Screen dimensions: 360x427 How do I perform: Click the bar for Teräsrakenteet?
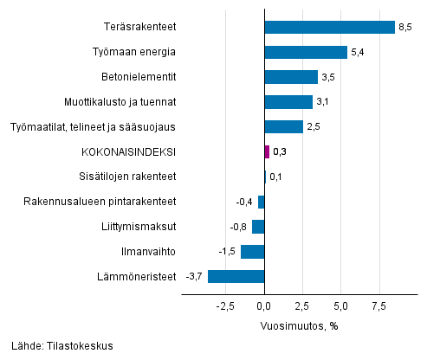click(329, 27)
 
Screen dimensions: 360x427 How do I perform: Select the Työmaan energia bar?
click(306, 52)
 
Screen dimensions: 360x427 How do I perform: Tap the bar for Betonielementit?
click(291, 77)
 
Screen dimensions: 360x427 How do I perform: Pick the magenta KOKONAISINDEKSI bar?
click(267, 152)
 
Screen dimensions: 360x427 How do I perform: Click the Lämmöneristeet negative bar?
click(236, 277)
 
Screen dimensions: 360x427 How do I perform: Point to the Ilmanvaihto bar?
click(252, 252)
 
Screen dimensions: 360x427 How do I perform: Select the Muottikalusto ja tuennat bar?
click(288, 102)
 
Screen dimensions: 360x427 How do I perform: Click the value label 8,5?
click(405, 28)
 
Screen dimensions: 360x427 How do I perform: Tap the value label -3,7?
click(194, 277)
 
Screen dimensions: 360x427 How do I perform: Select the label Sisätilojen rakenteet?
click(127, 177)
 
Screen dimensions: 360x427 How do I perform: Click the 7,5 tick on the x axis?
click(378, 305)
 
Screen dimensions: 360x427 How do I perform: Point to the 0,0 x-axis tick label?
click(264, 305)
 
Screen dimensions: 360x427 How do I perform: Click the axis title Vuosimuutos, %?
click(298, 325)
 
